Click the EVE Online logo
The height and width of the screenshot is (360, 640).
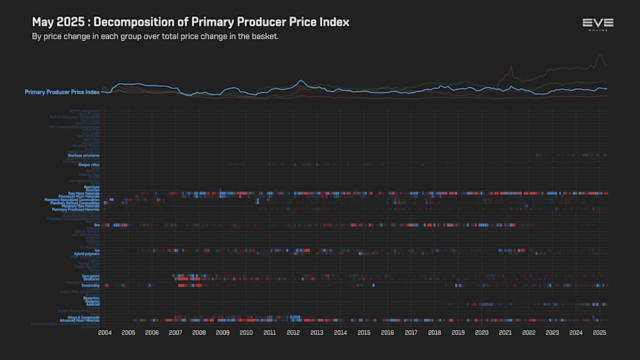pyautogui.click(x=597, y=24)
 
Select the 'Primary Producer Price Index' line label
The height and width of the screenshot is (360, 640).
pyautogui.click(x=62, y=92)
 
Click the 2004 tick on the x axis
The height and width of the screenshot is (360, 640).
pyautogui.click(x=105, y=332)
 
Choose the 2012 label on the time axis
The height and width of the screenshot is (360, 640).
pyautogui.click(x=293, y=332)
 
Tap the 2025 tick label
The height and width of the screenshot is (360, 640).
pyautogui.click(x=599, y=332)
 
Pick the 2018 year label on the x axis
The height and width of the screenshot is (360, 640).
pyautogui.click(x=434, y=332)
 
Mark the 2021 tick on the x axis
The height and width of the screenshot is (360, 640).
pyautogui.click(x=505, y=332)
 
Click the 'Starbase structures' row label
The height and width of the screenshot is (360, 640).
pyautogui.click(x=84, y=155)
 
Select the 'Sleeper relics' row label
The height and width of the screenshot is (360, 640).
pyautogui.click(x=89, y=164)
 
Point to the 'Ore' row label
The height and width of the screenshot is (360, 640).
pyautogui.click(x=97, y=226)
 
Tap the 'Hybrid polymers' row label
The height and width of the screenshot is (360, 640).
pyautogui.click(x=87, y=253)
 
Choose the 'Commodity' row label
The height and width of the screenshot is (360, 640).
pyautogui.click(x=91, y=285)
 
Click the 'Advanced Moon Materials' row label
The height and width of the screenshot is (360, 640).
pyautogui.click(x=80, y=320)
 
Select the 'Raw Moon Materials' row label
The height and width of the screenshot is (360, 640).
pyautogui.click(x=84, y=193)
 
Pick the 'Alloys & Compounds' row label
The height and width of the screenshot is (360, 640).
pyautogui.click(x=83, y=317)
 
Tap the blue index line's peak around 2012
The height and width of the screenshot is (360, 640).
pyautogui.click(x=302, y=80)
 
